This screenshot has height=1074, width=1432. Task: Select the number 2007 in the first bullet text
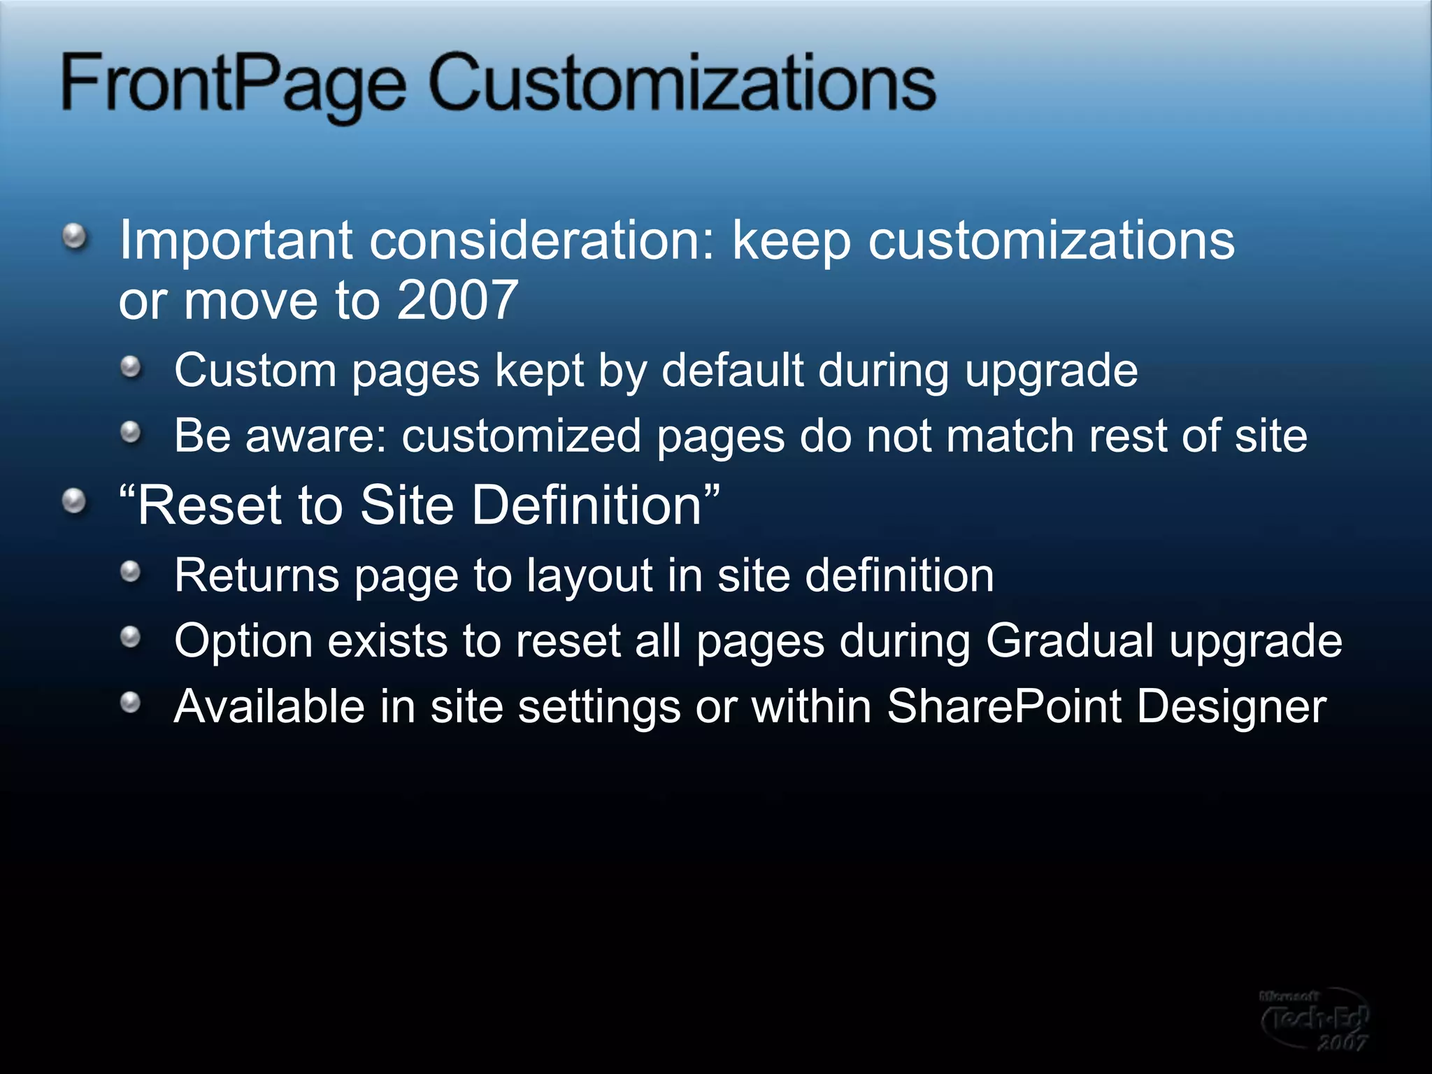(x=457, y=301)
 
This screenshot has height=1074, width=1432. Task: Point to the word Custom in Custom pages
(x=255, y=370)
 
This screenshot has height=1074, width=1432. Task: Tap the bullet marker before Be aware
(x=131, y=433)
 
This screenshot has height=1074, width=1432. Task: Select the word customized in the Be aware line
(x=521, y=436)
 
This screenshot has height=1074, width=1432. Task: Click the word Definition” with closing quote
(x=595, y=505)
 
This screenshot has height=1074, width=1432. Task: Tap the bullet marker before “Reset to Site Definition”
(x=75, y=501)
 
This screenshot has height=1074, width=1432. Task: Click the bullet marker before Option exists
(x=131, y=637)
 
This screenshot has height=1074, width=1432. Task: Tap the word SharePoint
(x=1004, y=706)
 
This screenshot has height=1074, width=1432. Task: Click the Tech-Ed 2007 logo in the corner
(x=1315, y=1019)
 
